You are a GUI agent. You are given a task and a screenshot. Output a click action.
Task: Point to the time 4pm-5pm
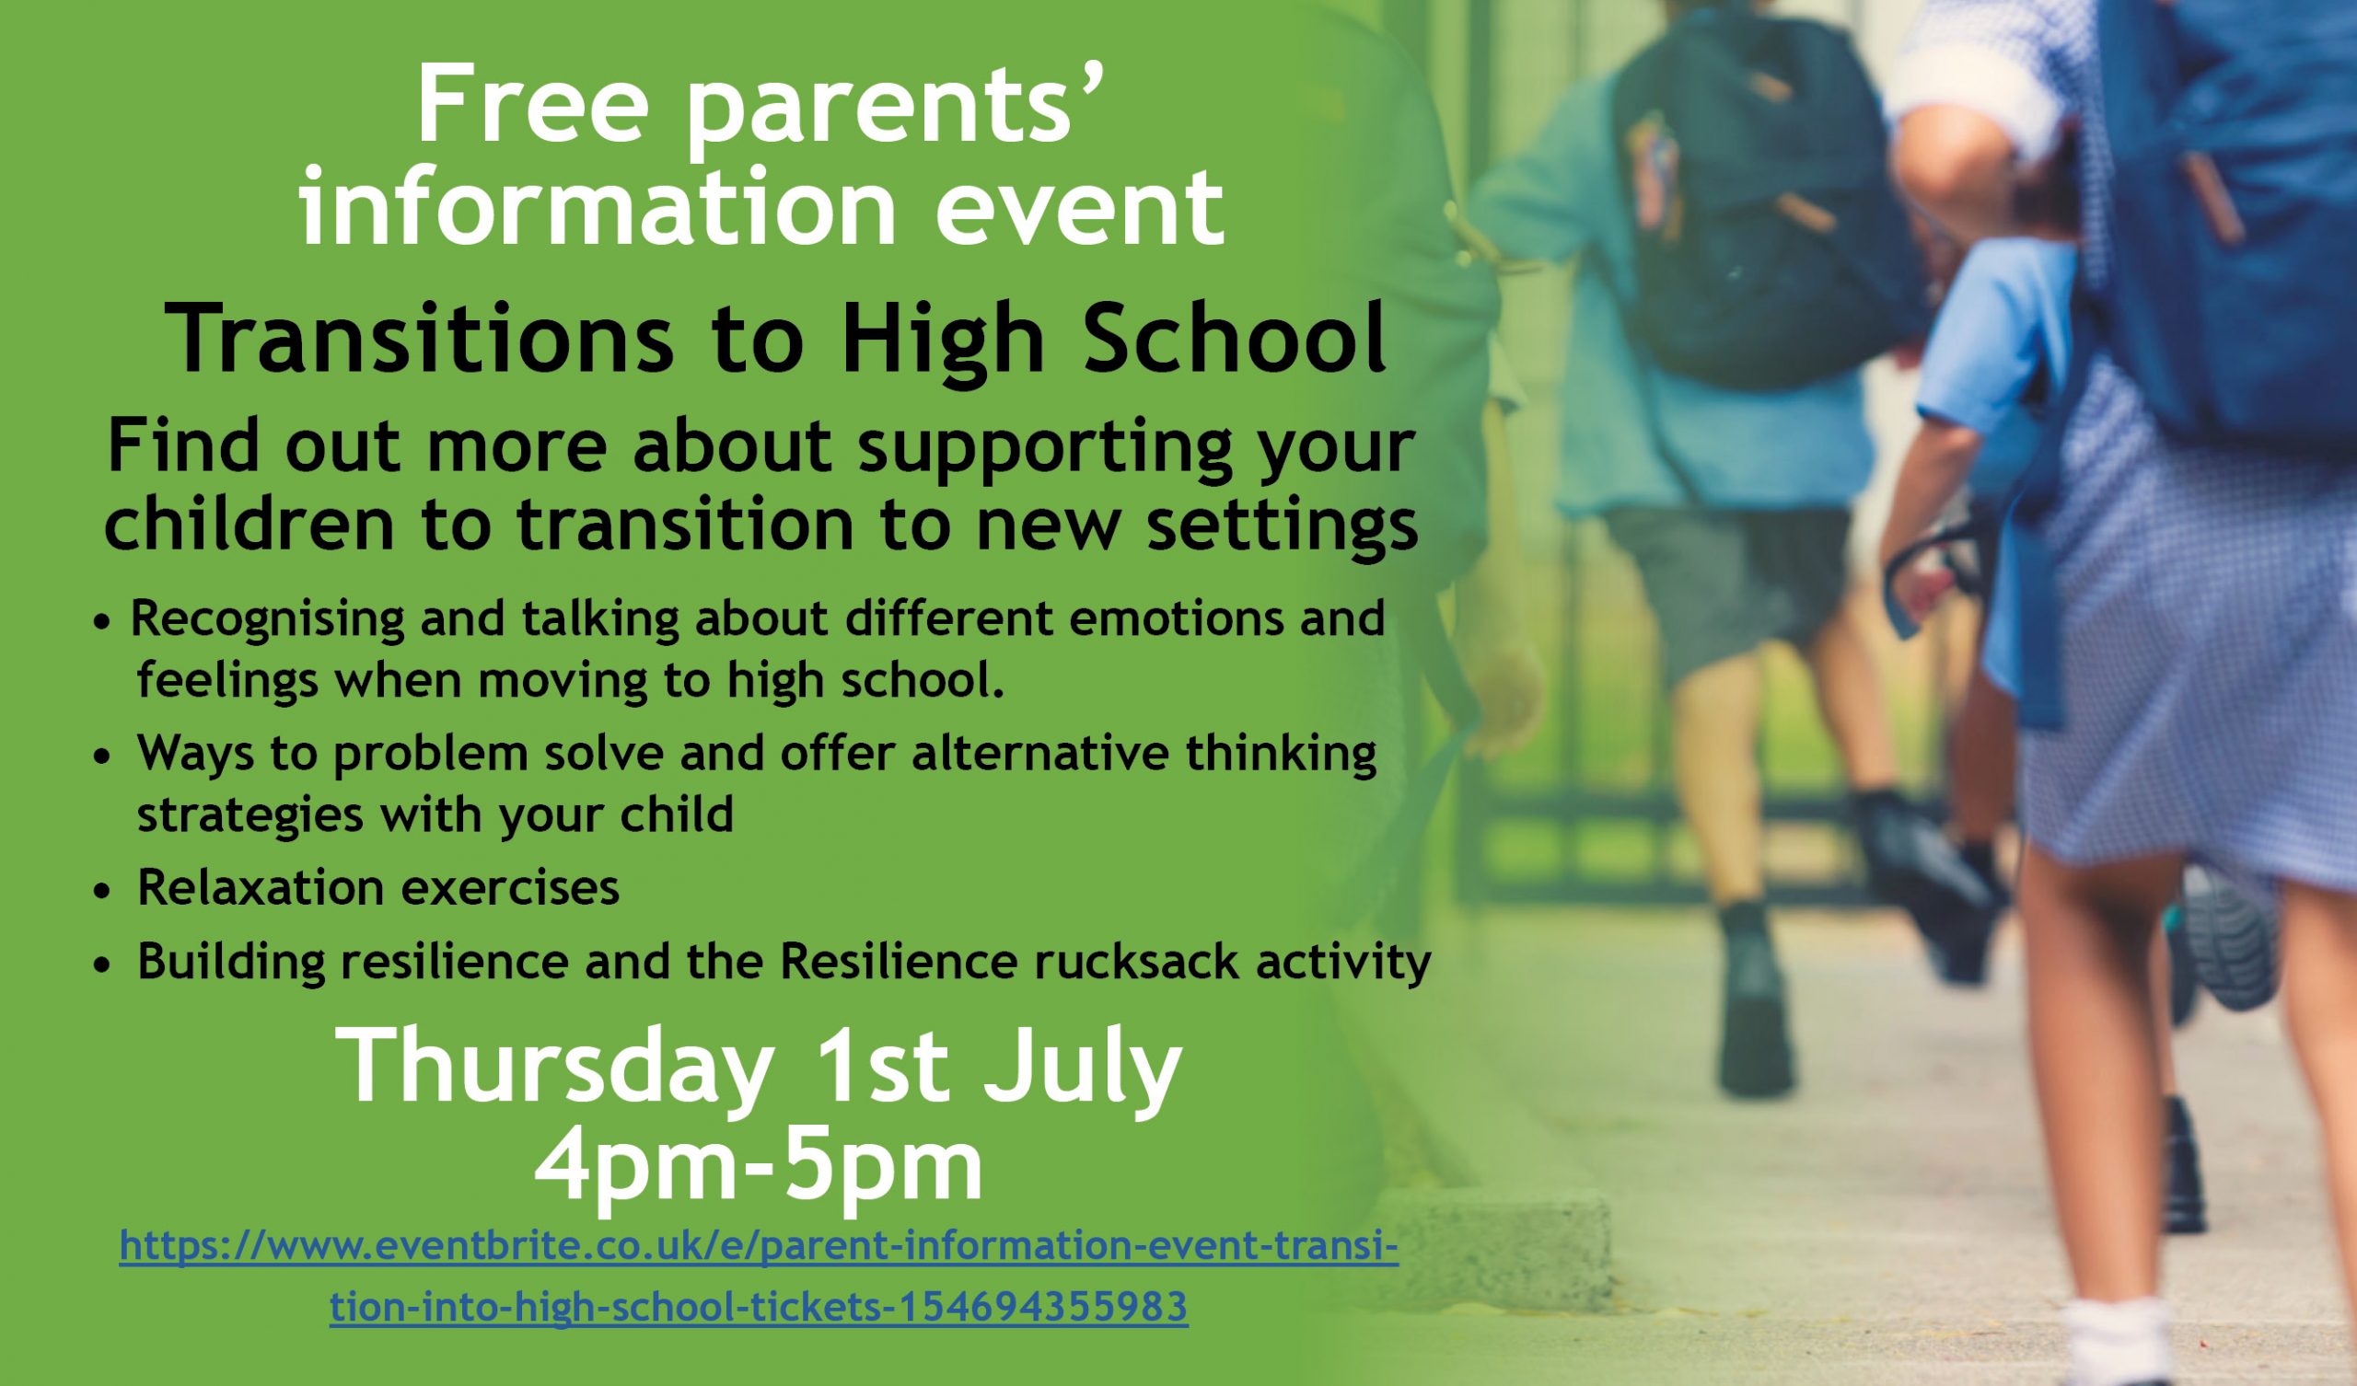pyautogui.click(x=758, y=1168)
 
